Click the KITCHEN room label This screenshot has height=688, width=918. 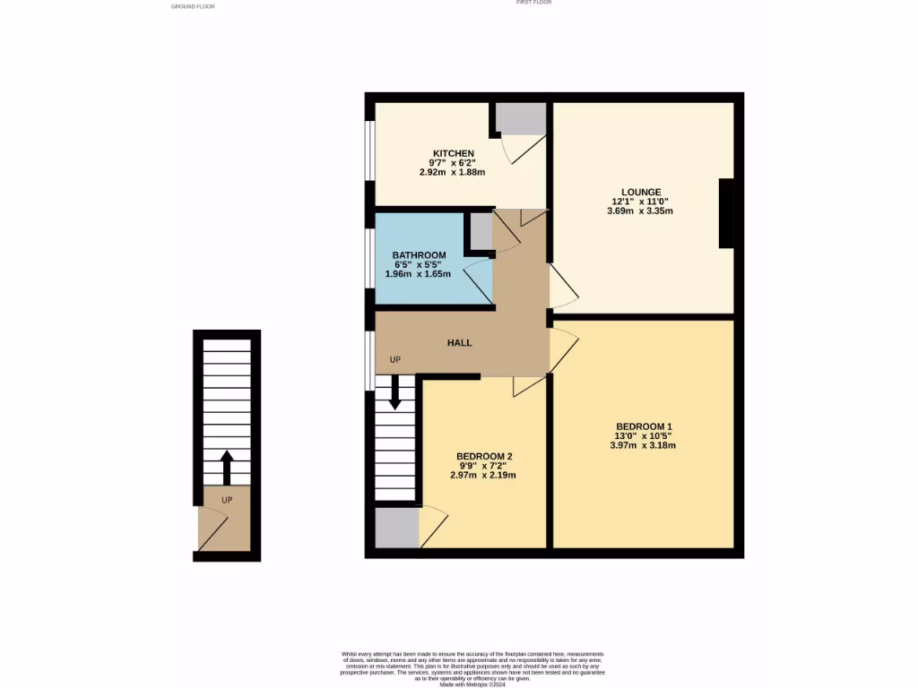[453, 153]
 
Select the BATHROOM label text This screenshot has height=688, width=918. [419, 255]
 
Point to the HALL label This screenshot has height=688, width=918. [459, 342]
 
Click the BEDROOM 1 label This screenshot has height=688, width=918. [643, 426]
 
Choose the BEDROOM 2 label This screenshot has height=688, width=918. [483, 457]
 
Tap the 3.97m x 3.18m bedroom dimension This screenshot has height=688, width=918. [643, 445]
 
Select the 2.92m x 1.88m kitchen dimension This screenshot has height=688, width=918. [453, 172]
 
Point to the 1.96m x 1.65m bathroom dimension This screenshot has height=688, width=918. [419, 273]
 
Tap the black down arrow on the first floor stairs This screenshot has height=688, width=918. [394, 399]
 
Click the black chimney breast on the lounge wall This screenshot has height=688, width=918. [727, 213]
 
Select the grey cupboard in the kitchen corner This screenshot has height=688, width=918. [521, 119]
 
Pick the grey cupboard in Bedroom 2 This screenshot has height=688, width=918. [397, 529]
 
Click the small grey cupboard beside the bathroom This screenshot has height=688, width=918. [481, 231]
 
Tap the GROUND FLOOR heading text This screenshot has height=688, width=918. [193, 6]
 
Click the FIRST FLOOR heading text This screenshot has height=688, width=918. [533, 3]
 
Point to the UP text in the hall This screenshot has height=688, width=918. [394, 360]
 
